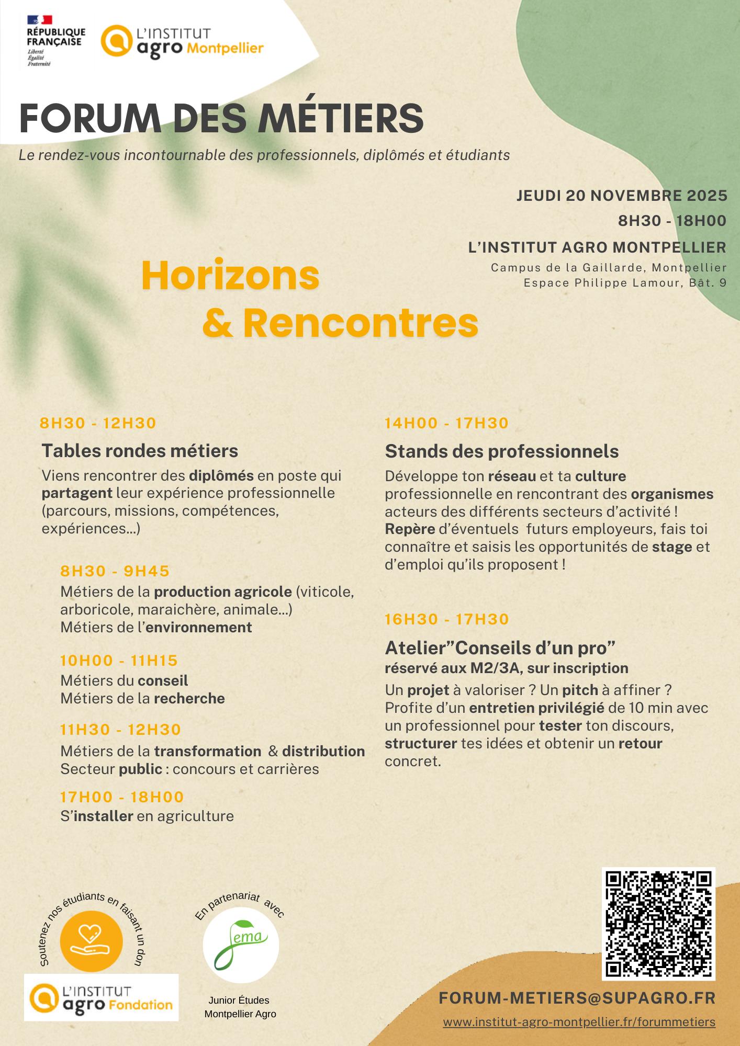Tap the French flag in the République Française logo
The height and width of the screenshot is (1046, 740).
(39, 20)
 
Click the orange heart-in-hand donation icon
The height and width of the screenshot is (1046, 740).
(91, 941)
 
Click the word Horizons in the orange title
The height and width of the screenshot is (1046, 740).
(230, 276)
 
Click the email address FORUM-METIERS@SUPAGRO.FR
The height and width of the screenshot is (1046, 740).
(577, 998)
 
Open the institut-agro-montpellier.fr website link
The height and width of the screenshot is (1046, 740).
(579, 1022)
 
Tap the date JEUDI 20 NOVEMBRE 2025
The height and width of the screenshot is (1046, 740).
(622, 196)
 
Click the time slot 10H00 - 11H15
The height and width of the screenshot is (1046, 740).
(119, 661)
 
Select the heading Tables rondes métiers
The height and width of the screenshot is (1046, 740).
(140, 451)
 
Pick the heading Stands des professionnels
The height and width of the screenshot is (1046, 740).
(501, 451)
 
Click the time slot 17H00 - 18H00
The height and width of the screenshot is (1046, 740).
(122, 797)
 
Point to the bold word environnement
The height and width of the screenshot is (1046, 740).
(199, 627)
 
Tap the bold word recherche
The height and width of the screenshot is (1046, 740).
(189, 699)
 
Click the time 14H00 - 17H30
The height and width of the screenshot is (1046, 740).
(446, 423)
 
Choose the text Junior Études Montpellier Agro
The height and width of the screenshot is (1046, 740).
(240, 1007)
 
